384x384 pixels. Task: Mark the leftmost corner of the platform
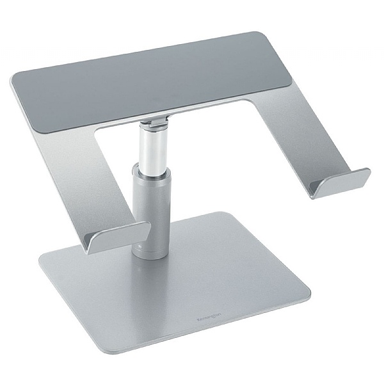13,80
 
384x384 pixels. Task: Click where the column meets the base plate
151,254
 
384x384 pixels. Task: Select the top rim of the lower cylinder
150,168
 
